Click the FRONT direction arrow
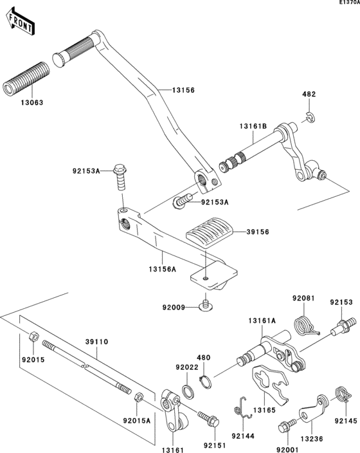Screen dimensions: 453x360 (x=21, y=23)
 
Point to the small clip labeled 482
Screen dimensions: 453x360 (x=310, y=116)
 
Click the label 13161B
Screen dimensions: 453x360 (x=253, y=126)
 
